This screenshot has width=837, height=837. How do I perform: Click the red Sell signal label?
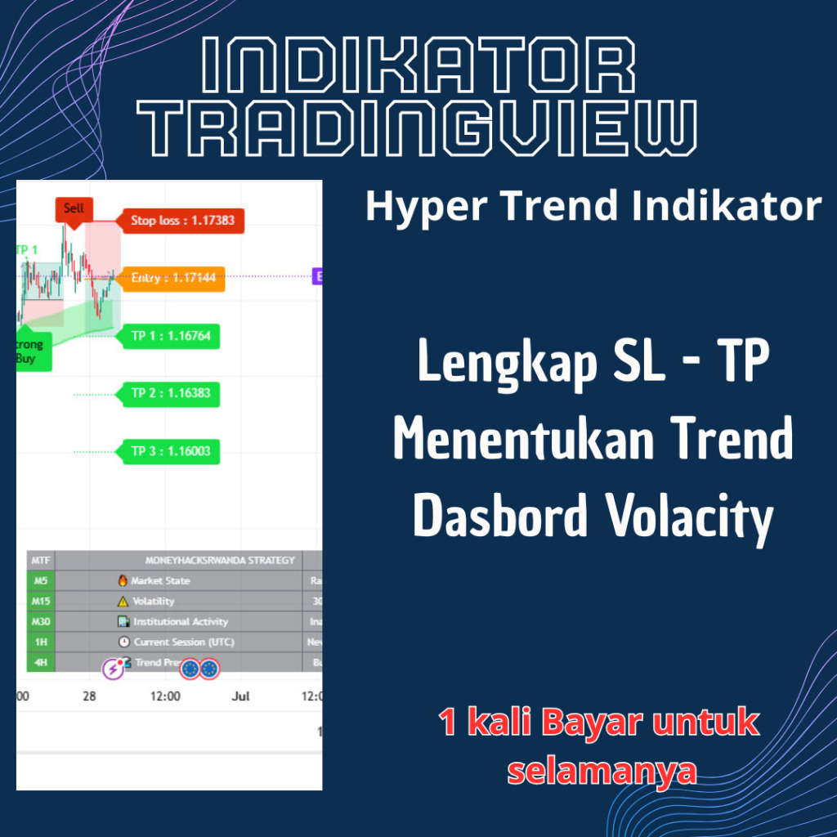tap(74, 208)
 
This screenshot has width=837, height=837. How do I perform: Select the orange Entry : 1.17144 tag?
tap(172, 278)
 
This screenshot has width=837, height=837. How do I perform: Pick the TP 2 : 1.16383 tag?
tap(170, 393)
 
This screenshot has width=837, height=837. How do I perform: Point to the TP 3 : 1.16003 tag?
tap(170, 451)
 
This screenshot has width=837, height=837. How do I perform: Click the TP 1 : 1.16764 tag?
tap(170, 336)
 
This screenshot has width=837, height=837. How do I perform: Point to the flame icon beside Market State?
tap(123, 580)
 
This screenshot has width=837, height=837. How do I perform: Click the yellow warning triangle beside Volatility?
tap(123, 601)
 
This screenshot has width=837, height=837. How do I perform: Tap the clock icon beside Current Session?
tap(124, 642)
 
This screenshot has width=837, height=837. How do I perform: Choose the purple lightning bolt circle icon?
tap(113, 669)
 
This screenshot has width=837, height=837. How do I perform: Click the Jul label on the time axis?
tap(240, 696)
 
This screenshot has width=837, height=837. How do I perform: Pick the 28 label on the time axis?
tap(90, 696)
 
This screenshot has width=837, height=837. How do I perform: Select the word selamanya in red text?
tap(602, 770)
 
